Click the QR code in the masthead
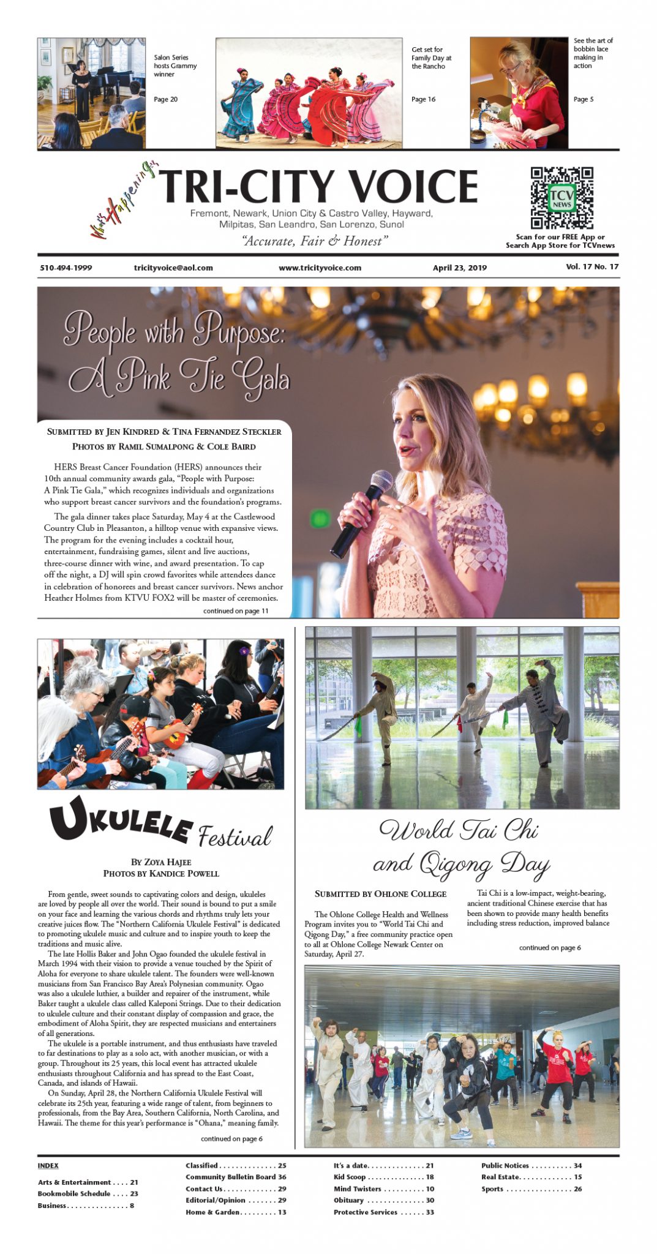click(561, 198)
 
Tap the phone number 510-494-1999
click(66, 268)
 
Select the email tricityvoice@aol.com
click(173, 268)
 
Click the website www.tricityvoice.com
click(320, 268)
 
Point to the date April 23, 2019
click(459, 268)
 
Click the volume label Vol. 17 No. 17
click(591, 266)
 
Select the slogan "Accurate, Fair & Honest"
click(315, 241)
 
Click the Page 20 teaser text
click(165, 99)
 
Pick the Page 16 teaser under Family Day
click(423, 99)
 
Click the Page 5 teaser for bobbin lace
click(584, 99)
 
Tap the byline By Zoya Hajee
click(161, 862)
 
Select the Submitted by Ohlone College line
click(380, 894)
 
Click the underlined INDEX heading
click(48, 1165)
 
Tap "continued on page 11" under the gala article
click(236, 610)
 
